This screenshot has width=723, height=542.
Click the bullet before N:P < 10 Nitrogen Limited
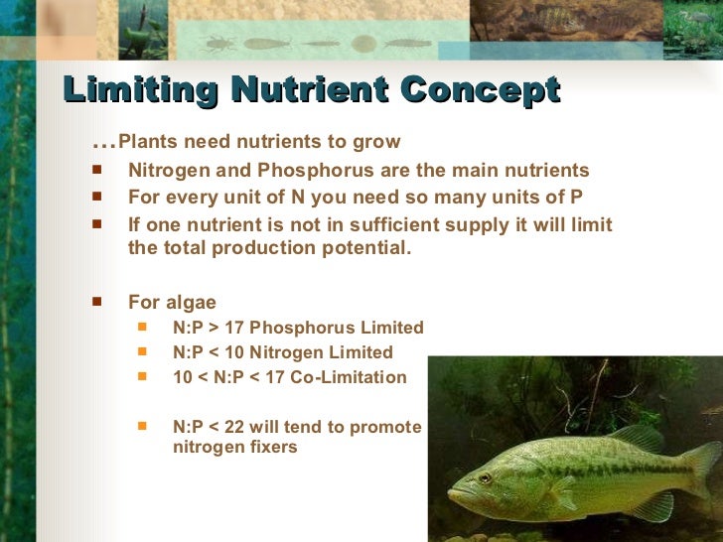143,350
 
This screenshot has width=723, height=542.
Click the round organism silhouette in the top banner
364,45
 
